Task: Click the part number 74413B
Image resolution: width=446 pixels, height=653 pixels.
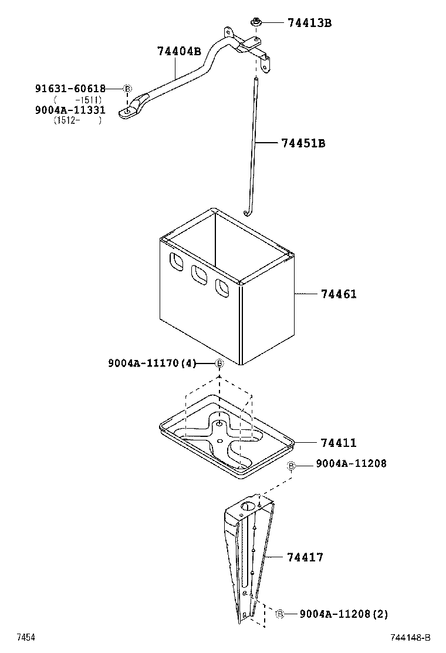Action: tap(309, 23)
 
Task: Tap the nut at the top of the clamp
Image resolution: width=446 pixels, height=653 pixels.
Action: tap(256, 22)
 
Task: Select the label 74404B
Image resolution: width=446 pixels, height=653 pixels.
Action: tap(179, 51)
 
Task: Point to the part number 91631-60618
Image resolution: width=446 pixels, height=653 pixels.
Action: tap(70, 89)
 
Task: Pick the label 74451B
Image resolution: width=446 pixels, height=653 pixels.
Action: tap(303, 143)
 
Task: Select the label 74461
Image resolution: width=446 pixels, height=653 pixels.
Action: tap(339, 294)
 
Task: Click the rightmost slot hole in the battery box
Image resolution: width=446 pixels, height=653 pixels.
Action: tap(221, 288)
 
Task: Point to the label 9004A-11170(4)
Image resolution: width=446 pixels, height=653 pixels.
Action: tap(151, 363)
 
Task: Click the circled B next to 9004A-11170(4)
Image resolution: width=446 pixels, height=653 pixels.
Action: tap(219, 364)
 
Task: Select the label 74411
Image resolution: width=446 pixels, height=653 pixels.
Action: tap(339, 442)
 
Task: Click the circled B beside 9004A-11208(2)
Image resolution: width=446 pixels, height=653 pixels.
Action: tap(280, 614)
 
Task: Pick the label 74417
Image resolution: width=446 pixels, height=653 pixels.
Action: tap(305, 557)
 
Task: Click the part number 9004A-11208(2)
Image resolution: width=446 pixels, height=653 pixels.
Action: tap(343, 614)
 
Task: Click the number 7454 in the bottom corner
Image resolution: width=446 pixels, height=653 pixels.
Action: tap(26, 638)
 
